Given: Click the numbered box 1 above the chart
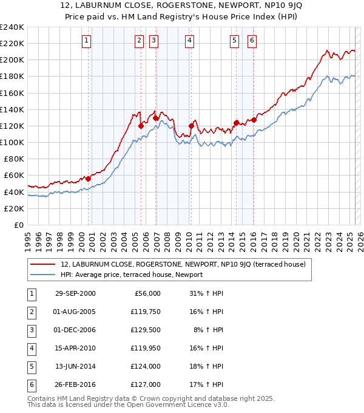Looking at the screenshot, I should coord(87,41).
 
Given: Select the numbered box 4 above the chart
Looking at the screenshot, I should coord(190,41).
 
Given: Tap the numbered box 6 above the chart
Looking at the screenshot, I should coord(252,41).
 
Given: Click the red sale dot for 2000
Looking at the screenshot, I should coord(89,179).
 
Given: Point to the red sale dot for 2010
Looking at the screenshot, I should coord(191,126).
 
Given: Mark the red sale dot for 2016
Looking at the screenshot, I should coord(254,120).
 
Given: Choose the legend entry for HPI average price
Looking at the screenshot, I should coord(131,275).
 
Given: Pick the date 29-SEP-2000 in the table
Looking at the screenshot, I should coord(75,293).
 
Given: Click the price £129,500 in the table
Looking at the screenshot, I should coord(145,330).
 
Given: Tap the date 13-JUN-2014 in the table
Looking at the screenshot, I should coord(75,366).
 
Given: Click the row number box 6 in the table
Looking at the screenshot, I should coord(30,384).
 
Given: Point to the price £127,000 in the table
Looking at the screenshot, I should coord(145,384).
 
